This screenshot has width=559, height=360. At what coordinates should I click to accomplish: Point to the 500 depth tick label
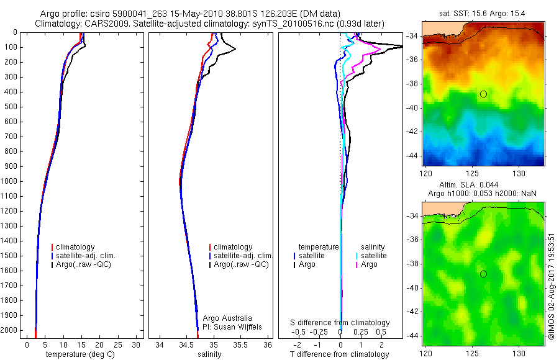point(11,107)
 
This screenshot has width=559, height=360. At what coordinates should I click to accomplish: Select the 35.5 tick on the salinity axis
point(240,344)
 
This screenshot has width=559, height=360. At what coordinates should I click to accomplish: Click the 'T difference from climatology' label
point(339,354)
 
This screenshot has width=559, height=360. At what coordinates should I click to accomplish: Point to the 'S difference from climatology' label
point(340,323)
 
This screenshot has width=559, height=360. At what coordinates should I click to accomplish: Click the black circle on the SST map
point(483,94)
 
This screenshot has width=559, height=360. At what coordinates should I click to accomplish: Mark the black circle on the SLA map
point(483,274)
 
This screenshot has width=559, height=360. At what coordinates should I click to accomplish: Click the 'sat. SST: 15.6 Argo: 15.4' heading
point(483,13)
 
